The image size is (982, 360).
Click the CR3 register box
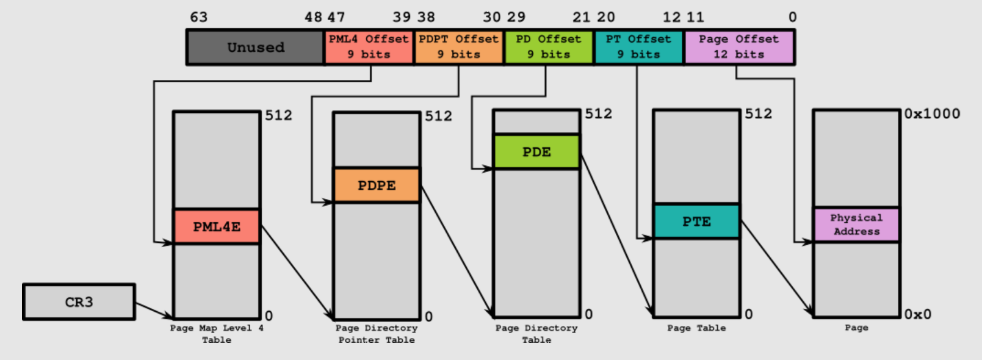click(x=79, y=302)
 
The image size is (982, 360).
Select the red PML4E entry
click(x=217, y=227)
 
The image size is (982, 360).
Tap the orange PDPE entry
click(x=377, y=185)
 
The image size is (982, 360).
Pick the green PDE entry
click(x=536, y=152)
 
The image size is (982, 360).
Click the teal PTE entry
click(x=696, y=221)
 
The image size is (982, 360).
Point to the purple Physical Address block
click(x=856, y=225)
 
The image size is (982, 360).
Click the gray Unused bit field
click(x=256, y=47)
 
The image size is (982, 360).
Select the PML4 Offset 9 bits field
click(x=369, y=47)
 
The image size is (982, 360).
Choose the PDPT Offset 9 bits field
click(x=459, y=47)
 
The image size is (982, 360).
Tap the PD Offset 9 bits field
click(x=548, y=47)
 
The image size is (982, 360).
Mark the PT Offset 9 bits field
click(x=638, y=47)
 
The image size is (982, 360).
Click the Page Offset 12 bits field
click(x=739, y=47)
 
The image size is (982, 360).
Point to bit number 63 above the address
click(x=198, y=17)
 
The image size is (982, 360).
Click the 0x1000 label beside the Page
click(x=932, y=114)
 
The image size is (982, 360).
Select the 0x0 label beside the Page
click(x=918, y=315)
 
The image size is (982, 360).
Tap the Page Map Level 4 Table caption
click(x=217, y=334)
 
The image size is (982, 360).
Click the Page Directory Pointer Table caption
click(x=377, y=334)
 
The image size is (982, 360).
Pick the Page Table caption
click(x=696, y=328)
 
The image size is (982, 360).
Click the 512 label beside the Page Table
click(x=758, y=114)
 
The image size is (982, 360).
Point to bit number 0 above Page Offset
click(x=792, y=17)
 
